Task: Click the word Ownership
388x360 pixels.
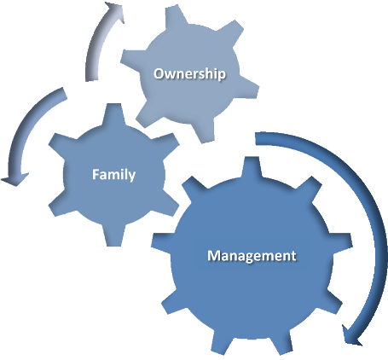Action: coord(189,74)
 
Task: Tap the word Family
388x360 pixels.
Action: coord(113,174)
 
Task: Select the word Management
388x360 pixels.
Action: coord(252,256)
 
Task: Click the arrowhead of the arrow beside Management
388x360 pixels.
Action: coord(352,334)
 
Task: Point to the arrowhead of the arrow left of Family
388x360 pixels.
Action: coord(14,179)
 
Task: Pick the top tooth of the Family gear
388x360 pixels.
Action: coord(113,114)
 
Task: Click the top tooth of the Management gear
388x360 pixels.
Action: coord(252,168)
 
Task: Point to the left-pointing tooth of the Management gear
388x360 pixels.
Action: coord(161,241)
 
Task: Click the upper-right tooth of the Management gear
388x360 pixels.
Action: coord(310,190)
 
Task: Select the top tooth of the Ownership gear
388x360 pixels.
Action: coord(174,18)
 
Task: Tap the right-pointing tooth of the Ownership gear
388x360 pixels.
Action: coord(248,88)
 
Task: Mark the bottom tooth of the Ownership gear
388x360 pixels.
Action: coord(204,131)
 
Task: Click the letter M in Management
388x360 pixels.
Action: coord(214,256)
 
